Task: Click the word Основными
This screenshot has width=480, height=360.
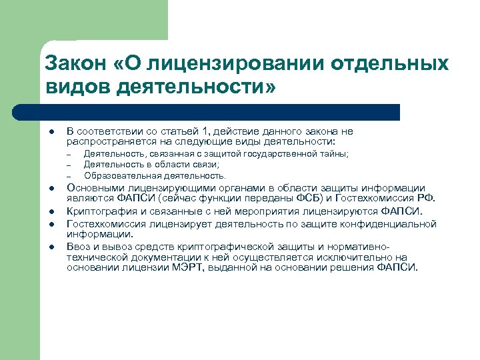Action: tap(93, 188)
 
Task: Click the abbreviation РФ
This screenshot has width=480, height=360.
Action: tap(427, 198)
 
